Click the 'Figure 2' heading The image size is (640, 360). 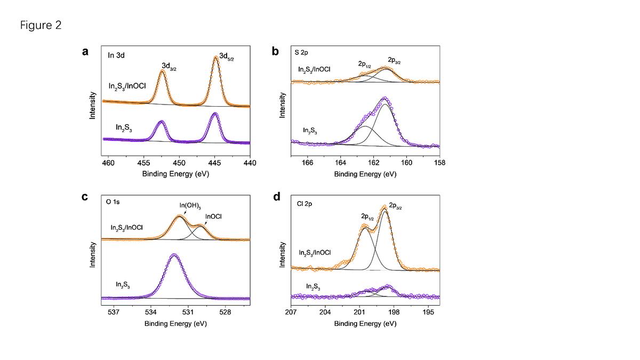(x=41, y=26)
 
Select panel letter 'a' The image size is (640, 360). (x=85, y=52)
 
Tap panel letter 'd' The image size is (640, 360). (x=276, y=197)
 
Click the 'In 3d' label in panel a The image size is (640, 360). (x=116, y=54)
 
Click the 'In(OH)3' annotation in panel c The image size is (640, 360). (x=190, y=206)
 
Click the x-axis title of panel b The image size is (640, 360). (x=365, y=174)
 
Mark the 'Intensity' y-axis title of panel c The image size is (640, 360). (x=93, y=254)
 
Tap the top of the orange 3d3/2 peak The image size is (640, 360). (x=162, y=71)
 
